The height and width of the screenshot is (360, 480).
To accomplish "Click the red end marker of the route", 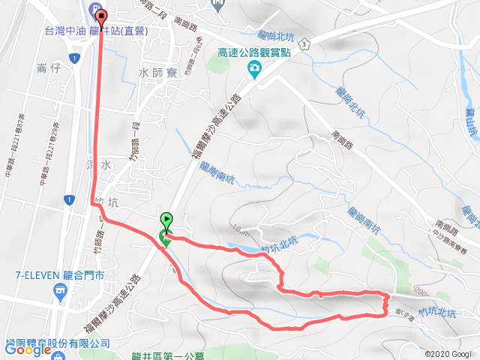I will (x=101, y=13).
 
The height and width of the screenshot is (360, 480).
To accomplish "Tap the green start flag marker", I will (x=166, y=221).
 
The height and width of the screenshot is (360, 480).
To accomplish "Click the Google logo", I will (x=27, y=349).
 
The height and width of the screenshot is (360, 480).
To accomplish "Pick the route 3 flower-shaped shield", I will (x=303, y=45).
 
